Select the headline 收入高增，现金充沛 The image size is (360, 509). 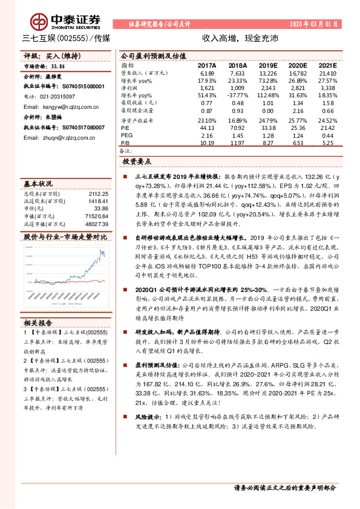(240, 37)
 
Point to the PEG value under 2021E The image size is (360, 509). (327, 135)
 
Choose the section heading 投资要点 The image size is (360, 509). (137, 162)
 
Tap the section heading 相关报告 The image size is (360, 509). (38, 322)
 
